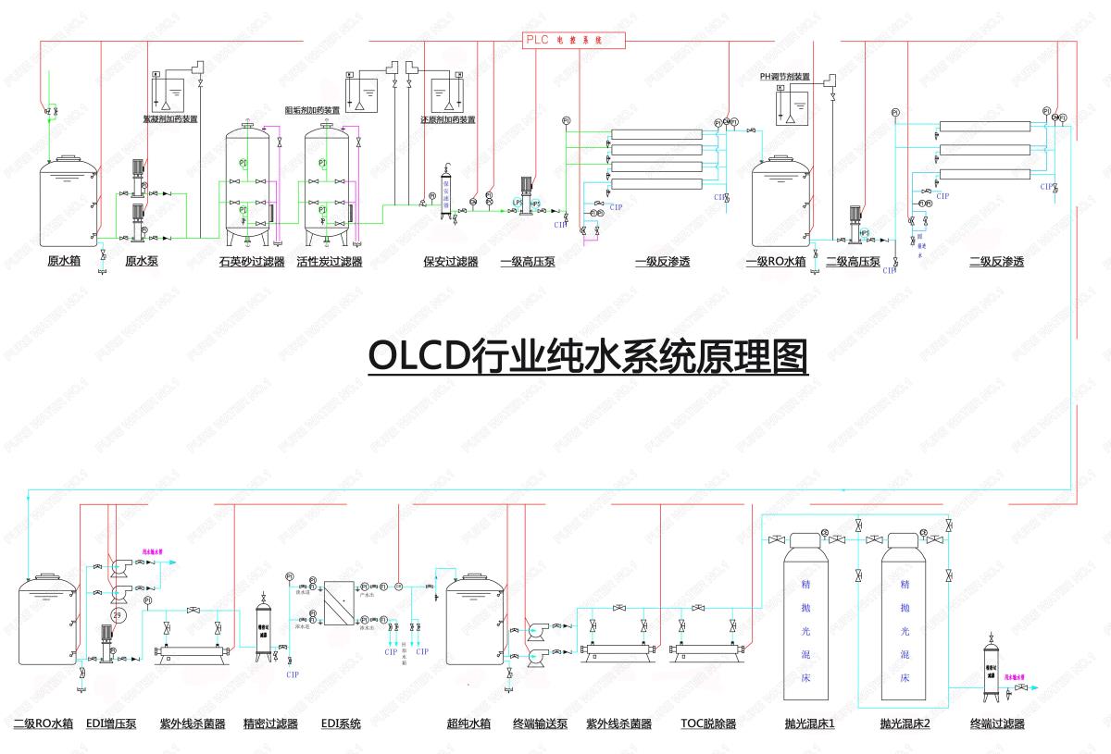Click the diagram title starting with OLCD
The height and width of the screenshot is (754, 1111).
pyautogui.click(x=588, y=355)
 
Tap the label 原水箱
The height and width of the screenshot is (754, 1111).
pyautogui.click(x=64, y=261)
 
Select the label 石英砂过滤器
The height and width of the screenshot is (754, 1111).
pyautogui.click(x=252, y=262)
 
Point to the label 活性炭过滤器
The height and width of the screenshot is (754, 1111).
pyautogui.click(x=330, y=262)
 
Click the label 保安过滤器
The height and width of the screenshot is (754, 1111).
pyautogui.click(x=451, y=262)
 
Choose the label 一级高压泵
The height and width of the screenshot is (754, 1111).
pyautogui.click(x=528, y=262)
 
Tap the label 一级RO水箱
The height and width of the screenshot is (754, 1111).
pyautogui.click(x=776, y=262)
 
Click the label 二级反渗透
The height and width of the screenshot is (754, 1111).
pyautogui.click(x=996, y=262)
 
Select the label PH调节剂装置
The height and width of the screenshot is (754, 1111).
pyautogui.click(x=785, y=78)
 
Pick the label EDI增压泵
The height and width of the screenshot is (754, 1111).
pyautogui.click(x=111, y=723)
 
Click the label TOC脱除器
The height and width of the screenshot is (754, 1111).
pyautogui.click(x=708, y=723)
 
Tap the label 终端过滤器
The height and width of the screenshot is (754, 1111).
pyautogui.click(x=997, y=723)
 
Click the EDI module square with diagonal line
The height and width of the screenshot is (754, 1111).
pyautogui.click(x=341, y=606)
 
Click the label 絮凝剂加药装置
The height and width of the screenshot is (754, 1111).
pyautogui.click(x=170, y=119)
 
